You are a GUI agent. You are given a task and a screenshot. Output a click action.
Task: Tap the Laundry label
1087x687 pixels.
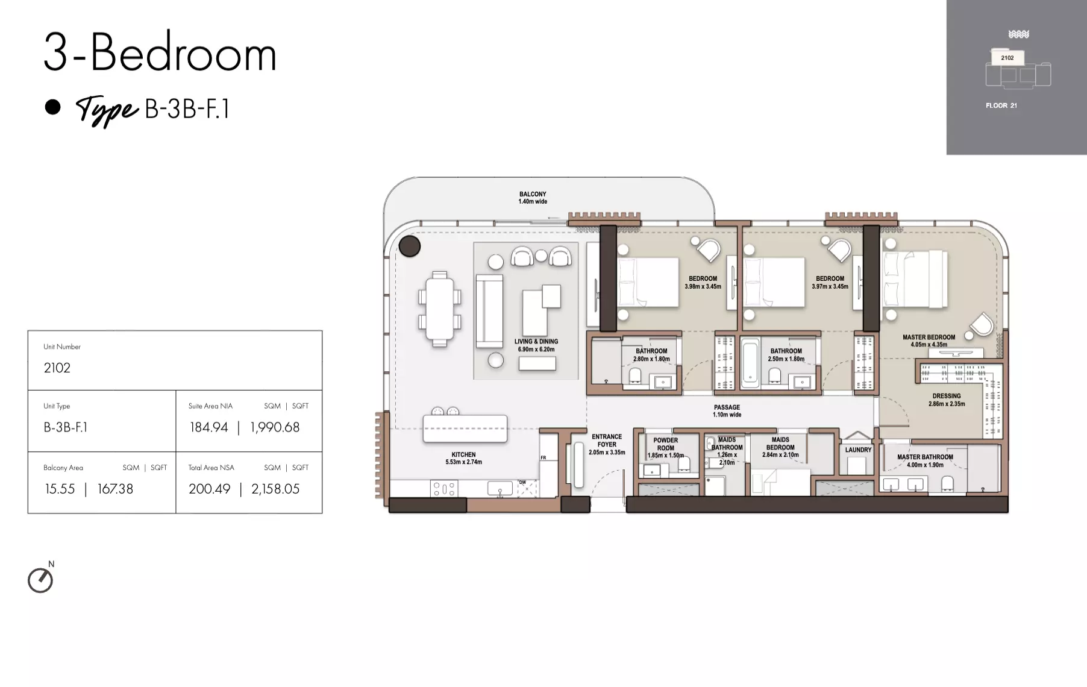(x=858, y=450)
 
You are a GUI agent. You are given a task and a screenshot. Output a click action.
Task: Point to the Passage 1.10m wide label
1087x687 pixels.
(x=727, y=411)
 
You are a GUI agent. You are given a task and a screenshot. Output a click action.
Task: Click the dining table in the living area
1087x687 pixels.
(x=439, y=309)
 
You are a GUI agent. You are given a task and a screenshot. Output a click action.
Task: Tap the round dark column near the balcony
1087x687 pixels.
(x=410, y=246)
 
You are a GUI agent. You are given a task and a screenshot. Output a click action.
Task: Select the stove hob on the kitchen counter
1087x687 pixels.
(x=444, y=488)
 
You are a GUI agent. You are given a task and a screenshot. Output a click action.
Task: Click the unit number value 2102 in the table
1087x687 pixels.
(x=57, y=368)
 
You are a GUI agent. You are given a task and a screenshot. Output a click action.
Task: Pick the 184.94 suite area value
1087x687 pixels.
(x=209, y=427)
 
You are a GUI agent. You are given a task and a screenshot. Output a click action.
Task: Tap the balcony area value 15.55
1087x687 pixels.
(x=60, y=489)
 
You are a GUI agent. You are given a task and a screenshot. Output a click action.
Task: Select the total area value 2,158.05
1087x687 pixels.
(x=275, y=489)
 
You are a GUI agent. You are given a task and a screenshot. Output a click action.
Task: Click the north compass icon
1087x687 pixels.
(x=40, y=580)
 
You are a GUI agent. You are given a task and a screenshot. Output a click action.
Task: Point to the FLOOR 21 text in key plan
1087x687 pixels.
(x=1001, y=105)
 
